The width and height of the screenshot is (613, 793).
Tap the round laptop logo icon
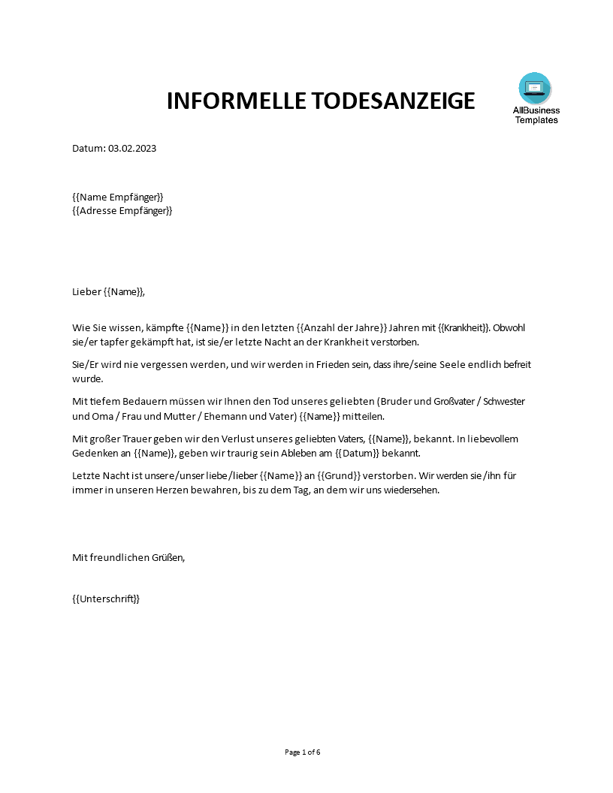click(535, 88)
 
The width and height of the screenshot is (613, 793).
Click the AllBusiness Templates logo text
click(536, 115)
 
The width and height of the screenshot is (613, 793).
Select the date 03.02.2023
click(132, 148)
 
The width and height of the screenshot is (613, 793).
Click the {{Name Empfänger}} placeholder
click(117, 197)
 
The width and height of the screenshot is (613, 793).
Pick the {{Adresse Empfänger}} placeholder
click(122, 211)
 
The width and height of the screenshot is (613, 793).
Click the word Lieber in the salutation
click(86, 292)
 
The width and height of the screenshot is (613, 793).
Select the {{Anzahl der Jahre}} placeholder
click(342, 327)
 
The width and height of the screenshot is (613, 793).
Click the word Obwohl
click(512, 327)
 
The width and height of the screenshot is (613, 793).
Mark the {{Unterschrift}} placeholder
click(106, 599)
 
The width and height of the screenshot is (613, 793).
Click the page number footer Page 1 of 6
click(303, 752)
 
